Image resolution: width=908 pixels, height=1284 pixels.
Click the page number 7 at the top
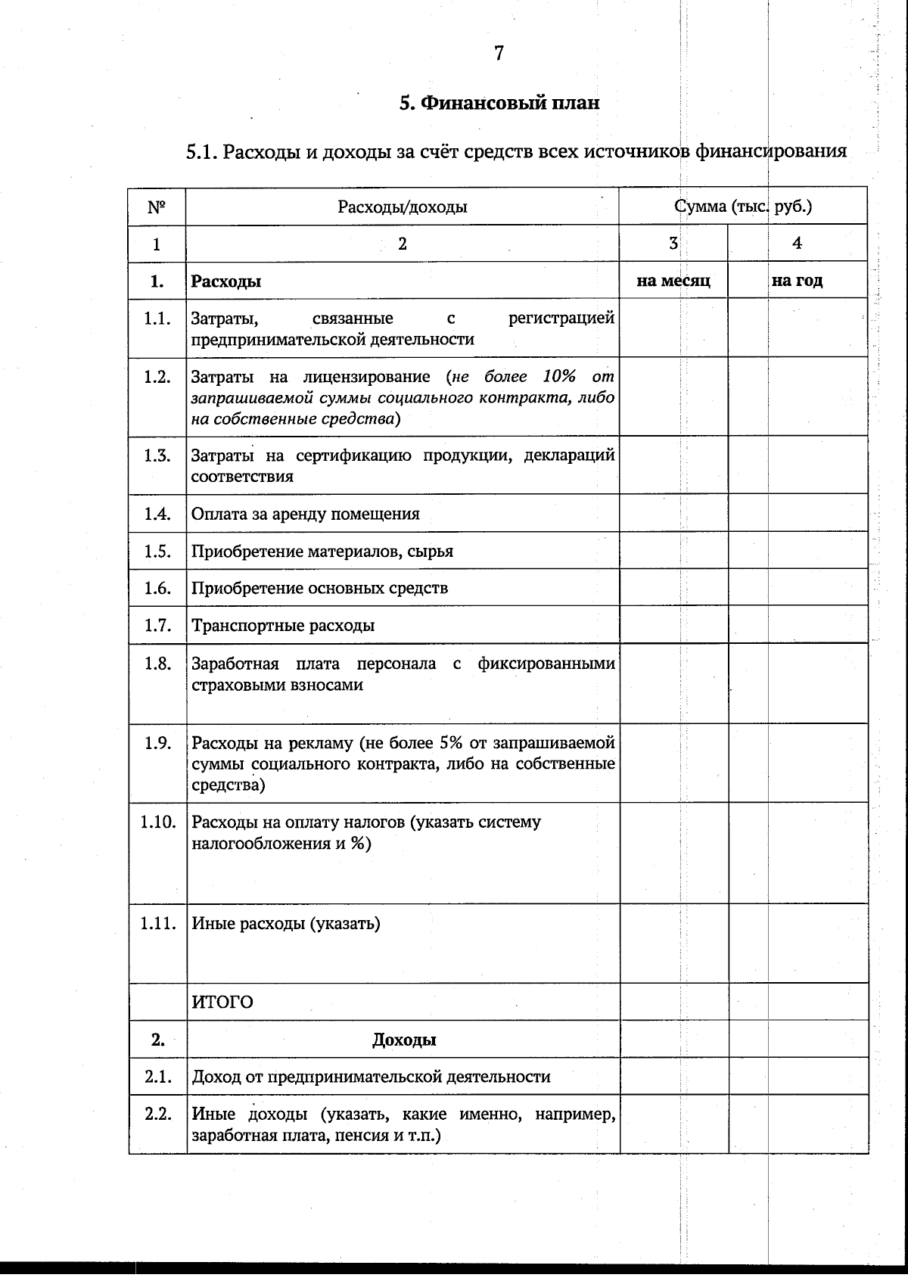point(499,54)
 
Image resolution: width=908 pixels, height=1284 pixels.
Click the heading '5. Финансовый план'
point(499,103)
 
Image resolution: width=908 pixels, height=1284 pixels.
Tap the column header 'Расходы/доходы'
point(402,207)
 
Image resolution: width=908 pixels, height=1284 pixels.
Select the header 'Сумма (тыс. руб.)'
point(743,207)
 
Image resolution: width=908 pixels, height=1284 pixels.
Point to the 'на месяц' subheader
point(673,281)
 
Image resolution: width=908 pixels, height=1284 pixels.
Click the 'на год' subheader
point(797,281)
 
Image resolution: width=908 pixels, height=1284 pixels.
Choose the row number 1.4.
point(157,514)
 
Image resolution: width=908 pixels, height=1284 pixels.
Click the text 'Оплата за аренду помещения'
point(305,515)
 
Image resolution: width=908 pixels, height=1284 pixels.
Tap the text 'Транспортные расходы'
point(283,626)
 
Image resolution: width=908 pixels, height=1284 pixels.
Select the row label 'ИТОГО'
point(222,1003)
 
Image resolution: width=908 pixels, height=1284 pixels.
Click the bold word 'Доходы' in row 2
point(403,1040)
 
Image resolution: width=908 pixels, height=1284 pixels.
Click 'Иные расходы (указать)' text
point(286,924)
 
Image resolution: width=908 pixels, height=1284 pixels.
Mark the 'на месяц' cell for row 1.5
point(673,551)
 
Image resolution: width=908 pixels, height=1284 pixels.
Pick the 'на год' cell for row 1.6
point(798,588)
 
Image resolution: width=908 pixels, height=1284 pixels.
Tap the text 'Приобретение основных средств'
point(319,589)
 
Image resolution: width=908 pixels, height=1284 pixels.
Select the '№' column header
point(157,207)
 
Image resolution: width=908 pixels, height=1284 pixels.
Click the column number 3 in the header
point(673,243)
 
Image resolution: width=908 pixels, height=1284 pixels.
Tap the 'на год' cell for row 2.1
point(798,1077)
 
